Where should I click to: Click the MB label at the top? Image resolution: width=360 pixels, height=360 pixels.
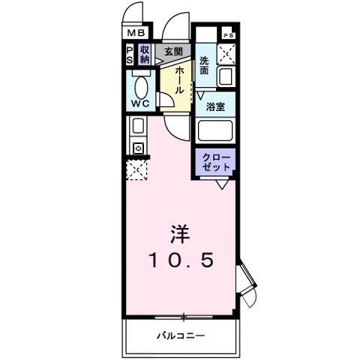(x=136, y=33)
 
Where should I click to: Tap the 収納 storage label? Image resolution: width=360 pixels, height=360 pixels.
(x=145, y=54)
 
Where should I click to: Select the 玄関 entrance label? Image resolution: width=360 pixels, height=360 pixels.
(x=173, y=51)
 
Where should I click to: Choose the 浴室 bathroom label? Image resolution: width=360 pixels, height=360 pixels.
(x=217, y=106)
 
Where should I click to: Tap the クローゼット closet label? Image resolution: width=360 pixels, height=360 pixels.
(x=217, y=161)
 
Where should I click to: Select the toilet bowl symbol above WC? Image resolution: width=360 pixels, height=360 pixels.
(x=140, y=81)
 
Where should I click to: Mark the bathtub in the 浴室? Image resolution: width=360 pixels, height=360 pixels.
(x=217, y=132)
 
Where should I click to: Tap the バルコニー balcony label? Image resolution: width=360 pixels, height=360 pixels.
(x=181, y=334)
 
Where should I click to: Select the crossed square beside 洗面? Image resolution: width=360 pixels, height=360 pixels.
(x=226, y=54)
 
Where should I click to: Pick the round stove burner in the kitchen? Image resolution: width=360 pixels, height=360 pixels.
(x=139, y=148)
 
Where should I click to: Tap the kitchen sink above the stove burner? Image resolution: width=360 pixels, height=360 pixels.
(x=139, y=126)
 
